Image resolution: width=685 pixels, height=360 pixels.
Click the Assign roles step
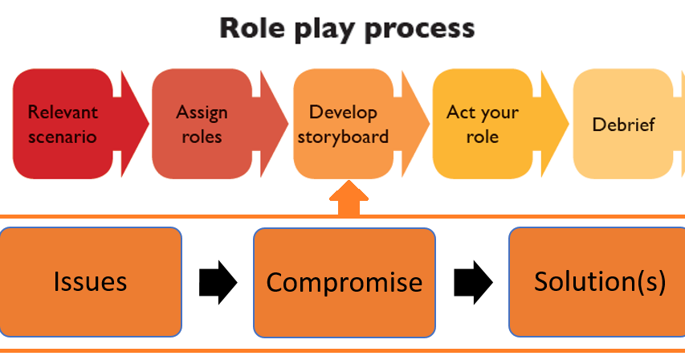(202, 124)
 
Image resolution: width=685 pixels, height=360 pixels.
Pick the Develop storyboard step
(343, 124)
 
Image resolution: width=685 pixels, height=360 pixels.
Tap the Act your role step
(482, 124)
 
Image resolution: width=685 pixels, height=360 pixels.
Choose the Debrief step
(623, 125)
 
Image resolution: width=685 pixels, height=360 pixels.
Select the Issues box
(91, 282)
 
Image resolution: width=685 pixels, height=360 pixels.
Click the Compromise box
(345, 282)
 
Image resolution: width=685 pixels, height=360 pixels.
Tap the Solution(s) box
(598, 281)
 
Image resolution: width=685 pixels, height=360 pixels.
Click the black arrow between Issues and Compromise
(218, 282)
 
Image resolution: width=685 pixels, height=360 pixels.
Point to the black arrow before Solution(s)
(473, 282)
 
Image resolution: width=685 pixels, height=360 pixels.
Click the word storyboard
(343, 136)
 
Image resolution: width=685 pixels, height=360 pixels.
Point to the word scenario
(62, 136)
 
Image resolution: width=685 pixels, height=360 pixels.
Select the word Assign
(202, 112)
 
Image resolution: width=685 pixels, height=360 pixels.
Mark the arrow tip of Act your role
(562, 124)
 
